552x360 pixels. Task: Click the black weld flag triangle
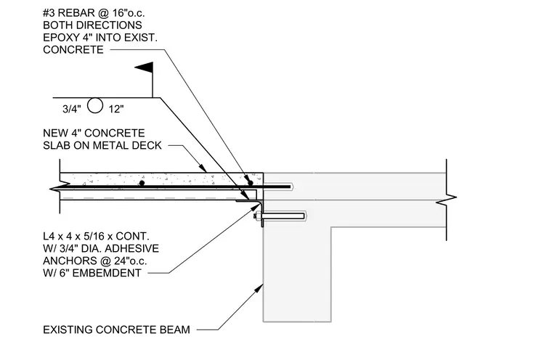point(146,67)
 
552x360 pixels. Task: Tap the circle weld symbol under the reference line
point(95,105)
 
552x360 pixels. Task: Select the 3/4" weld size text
point(71,109)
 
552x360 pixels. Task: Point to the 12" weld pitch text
point(116,109)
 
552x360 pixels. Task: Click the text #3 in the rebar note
point(49,13)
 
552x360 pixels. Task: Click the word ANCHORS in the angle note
point(65,261)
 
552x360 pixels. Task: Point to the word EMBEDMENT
point(107,273)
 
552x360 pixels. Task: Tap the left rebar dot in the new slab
point(142,183)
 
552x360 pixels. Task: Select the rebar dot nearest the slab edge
point(251,183)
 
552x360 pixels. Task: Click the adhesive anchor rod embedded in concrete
point(283,216)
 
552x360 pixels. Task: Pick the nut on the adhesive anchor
point(257,216)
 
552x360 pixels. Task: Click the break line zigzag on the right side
point(447,200)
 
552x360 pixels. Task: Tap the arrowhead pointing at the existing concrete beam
point(259,289)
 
